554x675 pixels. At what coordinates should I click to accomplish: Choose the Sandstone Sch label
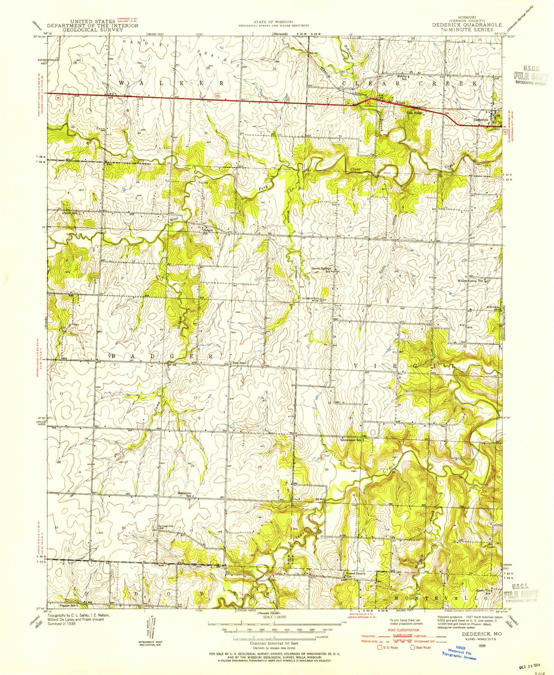184,494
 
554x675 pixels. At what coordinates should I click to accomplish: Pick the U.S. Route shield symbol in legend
381,648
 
